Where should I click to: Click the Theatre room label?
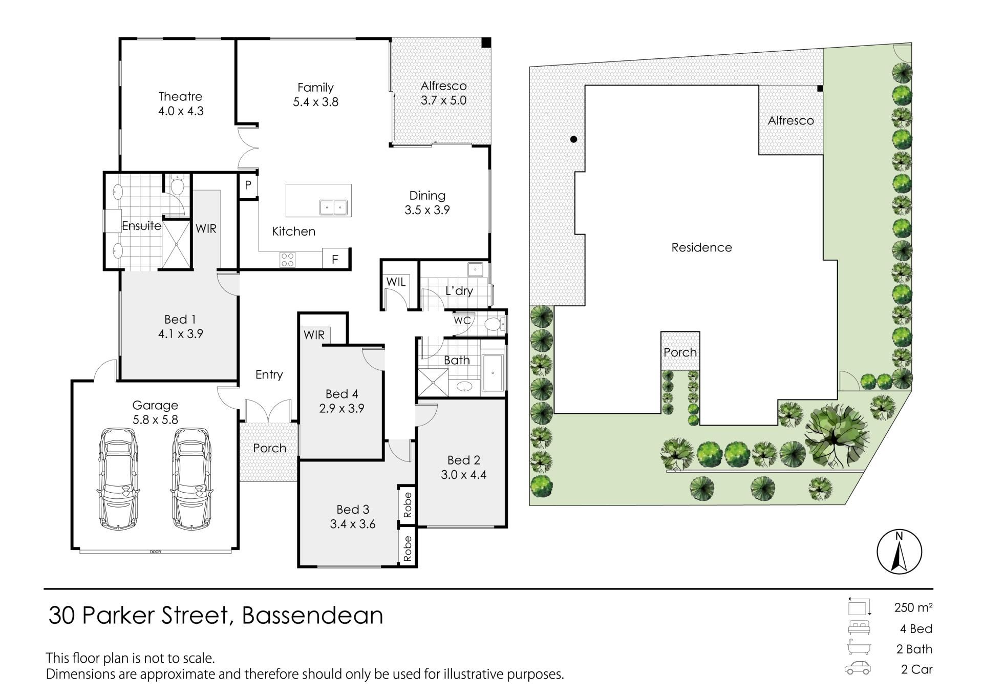[x=180, y=96]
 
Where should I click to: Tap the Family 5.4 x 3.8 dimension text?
[x=315, y=102]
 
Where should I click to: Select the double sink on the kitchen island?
[x=333, y=207]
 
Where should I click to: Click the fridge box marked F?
[x=335, y=259]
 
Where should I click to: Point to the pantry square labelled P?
[x=248, y=185]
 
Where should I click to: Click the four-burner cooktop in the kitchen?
[x=287, y=260]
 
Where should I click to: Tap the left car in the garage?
[x=117, y=478]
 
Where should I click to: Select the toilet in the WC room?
[x=494, y=324]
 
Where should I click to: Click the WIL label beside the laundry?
[x=396, y=282]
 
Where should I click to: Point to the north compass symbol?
[x=899, y=552]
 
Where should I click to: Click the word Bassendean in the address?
[x=312, y=615]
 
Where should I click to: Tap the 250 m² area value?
[x=913, y=607]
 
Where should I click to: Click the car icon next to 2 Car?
[x=858, y=668]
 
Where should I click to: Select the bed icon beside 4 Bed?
[x=859, y=628]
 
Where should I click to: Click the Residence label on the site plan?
[x=701, y=247]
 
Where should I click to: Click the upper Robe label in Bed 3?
[x=408, y=504]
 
